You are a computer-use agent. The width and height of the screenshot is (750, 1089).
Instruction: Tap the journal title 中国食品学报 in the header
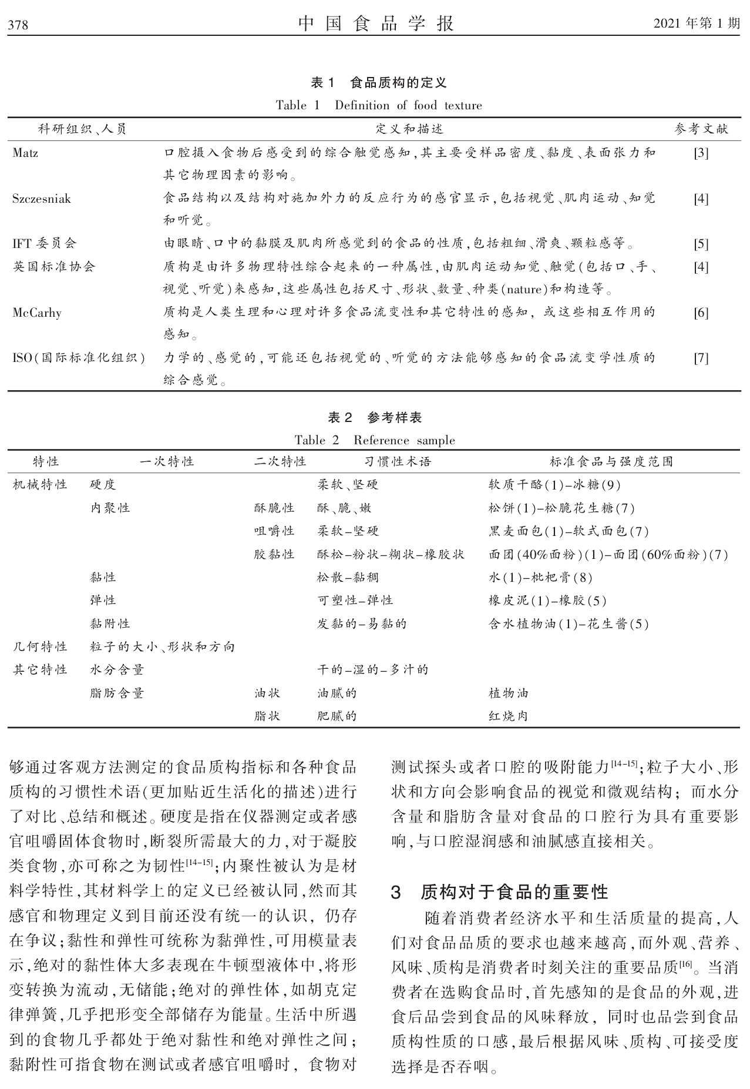click(376, 23)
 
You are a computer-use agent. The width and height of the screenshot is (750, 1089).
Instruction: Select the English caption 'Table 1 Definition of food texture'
click(379, 106)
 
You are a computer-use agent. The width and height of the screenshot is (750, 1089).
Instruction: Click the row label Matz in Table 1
click(25, 153)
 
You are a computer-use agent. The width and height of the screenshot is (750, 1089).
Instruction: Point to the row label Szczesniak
click(42, 199)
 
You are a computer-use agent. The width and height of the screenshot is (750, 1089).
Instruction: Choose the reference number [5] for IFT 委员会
click(701, 244)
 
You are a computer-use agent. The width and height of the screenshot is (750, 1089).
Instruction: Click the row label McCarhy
click(37, 313)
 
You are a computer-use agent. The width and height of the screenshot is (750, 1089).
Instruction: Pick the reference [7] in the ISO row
click(701, 358)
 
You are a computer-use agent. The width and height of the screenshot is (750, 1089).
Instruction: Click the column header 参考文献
click(701, 129)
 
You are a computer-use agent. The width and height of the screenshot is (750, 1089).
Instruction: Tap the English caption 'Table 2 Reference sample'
click(375, 440)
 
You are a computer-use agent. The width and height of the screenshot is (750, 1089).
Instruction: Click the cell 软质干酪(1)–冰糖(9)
click(554, 485)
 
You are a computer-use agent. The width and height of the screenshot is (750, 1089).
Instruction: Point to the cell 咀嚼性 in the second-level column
click(274, 531)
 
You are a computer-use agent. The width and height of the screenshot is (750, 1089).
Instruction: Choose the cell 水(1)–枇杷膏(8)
click(540, 577)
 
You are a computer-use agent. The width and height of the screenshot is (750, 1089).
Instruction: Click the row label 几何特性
click(40, 647)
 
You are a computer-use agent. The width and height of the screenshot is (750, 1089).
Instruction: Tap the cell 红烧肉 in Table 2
click(508, 716)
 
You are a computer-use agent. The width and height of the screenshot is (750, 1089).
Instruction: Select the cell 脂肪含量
click(117, 693)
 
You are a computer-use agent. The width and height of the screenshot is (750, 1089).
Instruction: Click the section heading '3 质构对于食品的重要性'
click(500, 892)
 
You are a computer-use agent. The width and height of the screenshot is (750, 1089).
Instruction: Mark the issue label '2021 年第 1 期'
click(697, 24)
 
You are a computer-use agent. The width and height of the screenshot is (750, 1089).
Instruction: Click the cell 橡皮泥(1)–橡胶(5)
click(547, 601)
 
